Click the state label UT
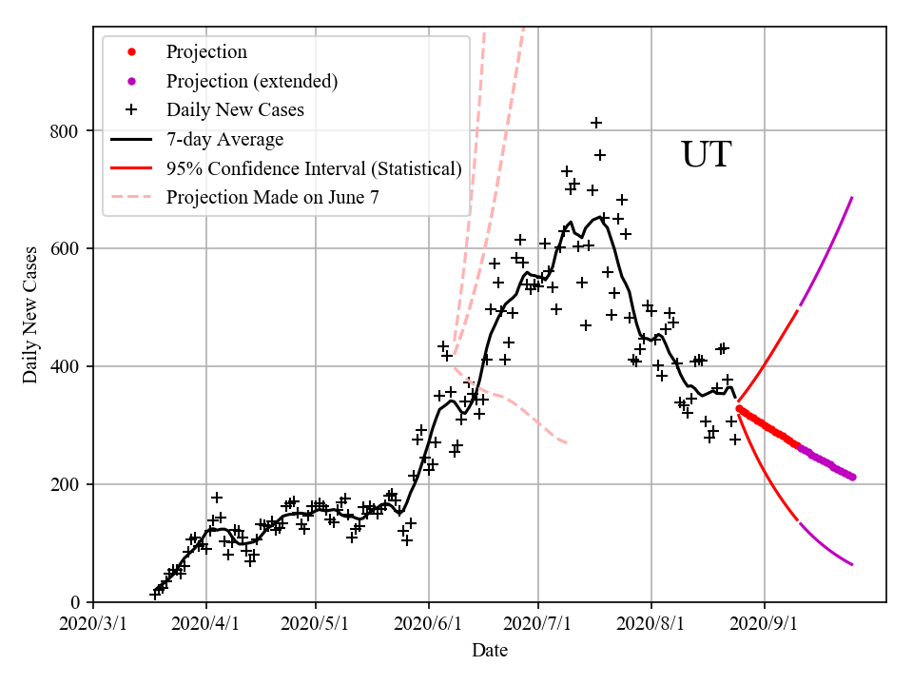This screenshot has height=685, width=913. click(x=706, y=155)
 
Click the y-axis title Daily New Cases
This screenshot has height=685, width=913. click(x=30, y=315)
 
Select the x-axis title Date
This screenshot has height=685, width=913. click(x=489, y=651)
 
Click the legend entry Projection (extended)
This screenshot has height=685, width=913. click(x=251, y=81)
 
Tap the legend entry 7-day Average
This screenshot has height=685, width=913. click(x=224, y=140)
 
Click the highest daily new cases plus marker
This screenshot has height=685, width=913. click(x=596, y=123)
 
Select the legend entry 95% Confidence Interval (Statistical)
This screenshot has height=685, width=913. click(x=314, y=169)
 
